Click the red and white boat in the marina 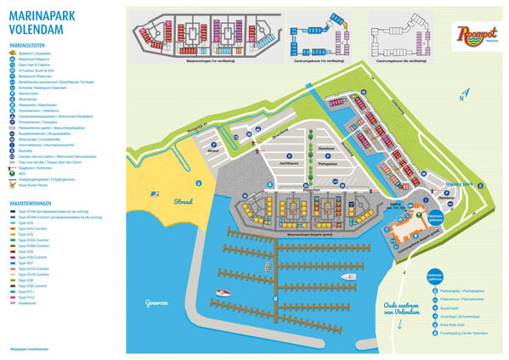tap(223, 292)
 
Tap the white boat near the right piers tap(349, 277)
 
